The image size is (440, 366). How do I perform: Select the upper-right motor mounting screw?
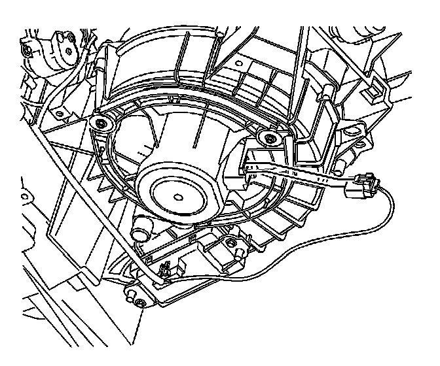pos(268,137)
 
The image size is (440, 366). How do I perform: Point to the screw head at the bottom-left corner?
pos(139,301)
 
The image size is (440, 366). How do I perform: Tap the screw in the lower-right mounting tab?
pos(230,243)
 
